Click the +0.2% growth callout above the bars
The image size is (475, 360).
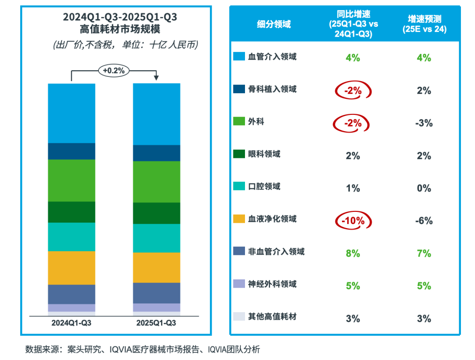pos(113,71)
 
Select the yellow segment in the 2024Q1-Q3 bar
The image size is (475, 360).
pos(72,268)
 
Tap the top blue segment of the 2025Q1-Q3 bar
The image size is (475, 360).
pos(156,114)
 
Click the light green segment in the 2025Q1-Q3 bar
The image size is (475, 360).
pos(156,182)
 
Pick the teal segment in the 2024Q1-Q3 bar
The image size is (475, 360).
pos(72,237)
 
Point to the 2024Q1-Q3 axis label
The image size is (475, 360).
pos(72,323)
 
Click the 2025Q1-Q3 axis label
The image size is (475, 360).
pos(156,323)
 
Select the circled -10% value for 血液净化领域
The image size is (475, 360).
pos(353,221)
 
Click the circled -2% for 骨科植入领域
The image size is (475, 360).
pos(353,90)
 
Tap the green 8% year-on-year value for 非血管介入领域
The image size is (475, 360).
pos(353,254)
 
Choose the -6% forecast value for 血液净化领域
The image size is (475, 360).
pos(423,221)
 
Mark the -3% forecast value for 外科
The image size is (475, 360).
pos(423,123)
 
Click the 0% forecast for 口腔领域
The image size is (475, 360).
pos(423,188)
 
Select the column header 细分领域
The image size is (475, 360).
pos(274,24)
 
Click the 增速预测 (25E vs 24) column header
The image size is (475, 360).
pos(424,24)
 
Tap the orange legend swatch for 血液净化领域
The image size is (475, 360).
pos(239,219)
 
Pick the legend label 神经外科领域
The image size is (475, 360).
pos(272,284)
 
